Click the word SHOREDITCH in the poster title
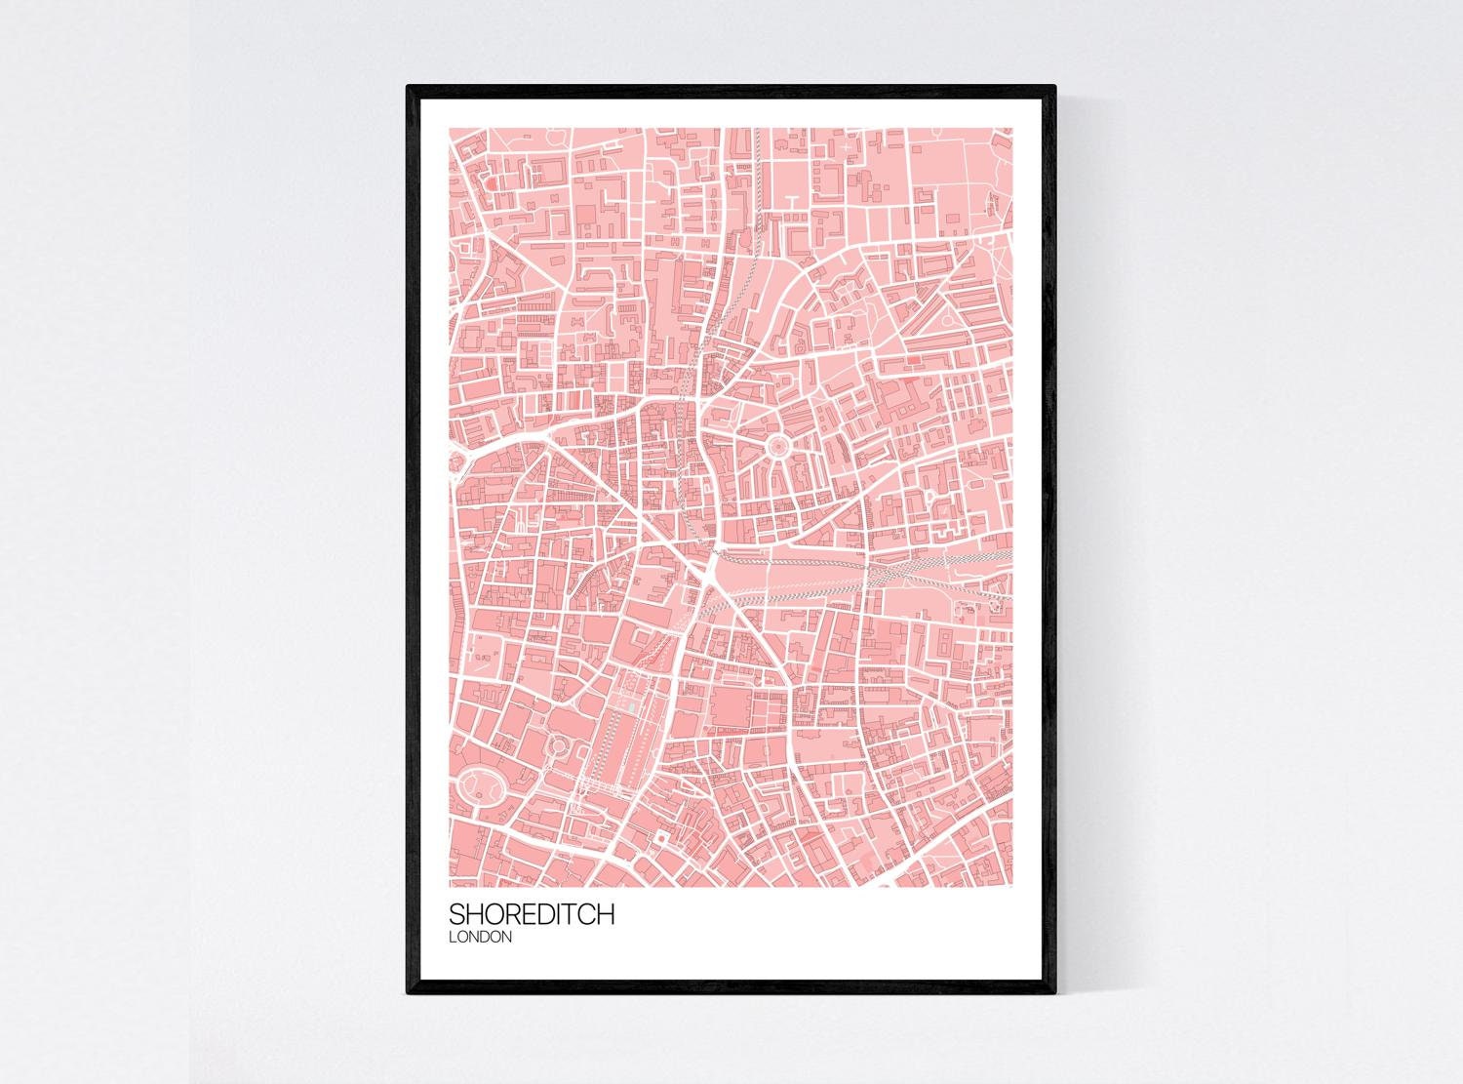532,914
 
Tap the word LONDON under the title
481,937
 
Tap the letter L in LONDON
453,937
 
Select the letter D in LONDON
485,937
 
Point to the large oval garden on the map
478,784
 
